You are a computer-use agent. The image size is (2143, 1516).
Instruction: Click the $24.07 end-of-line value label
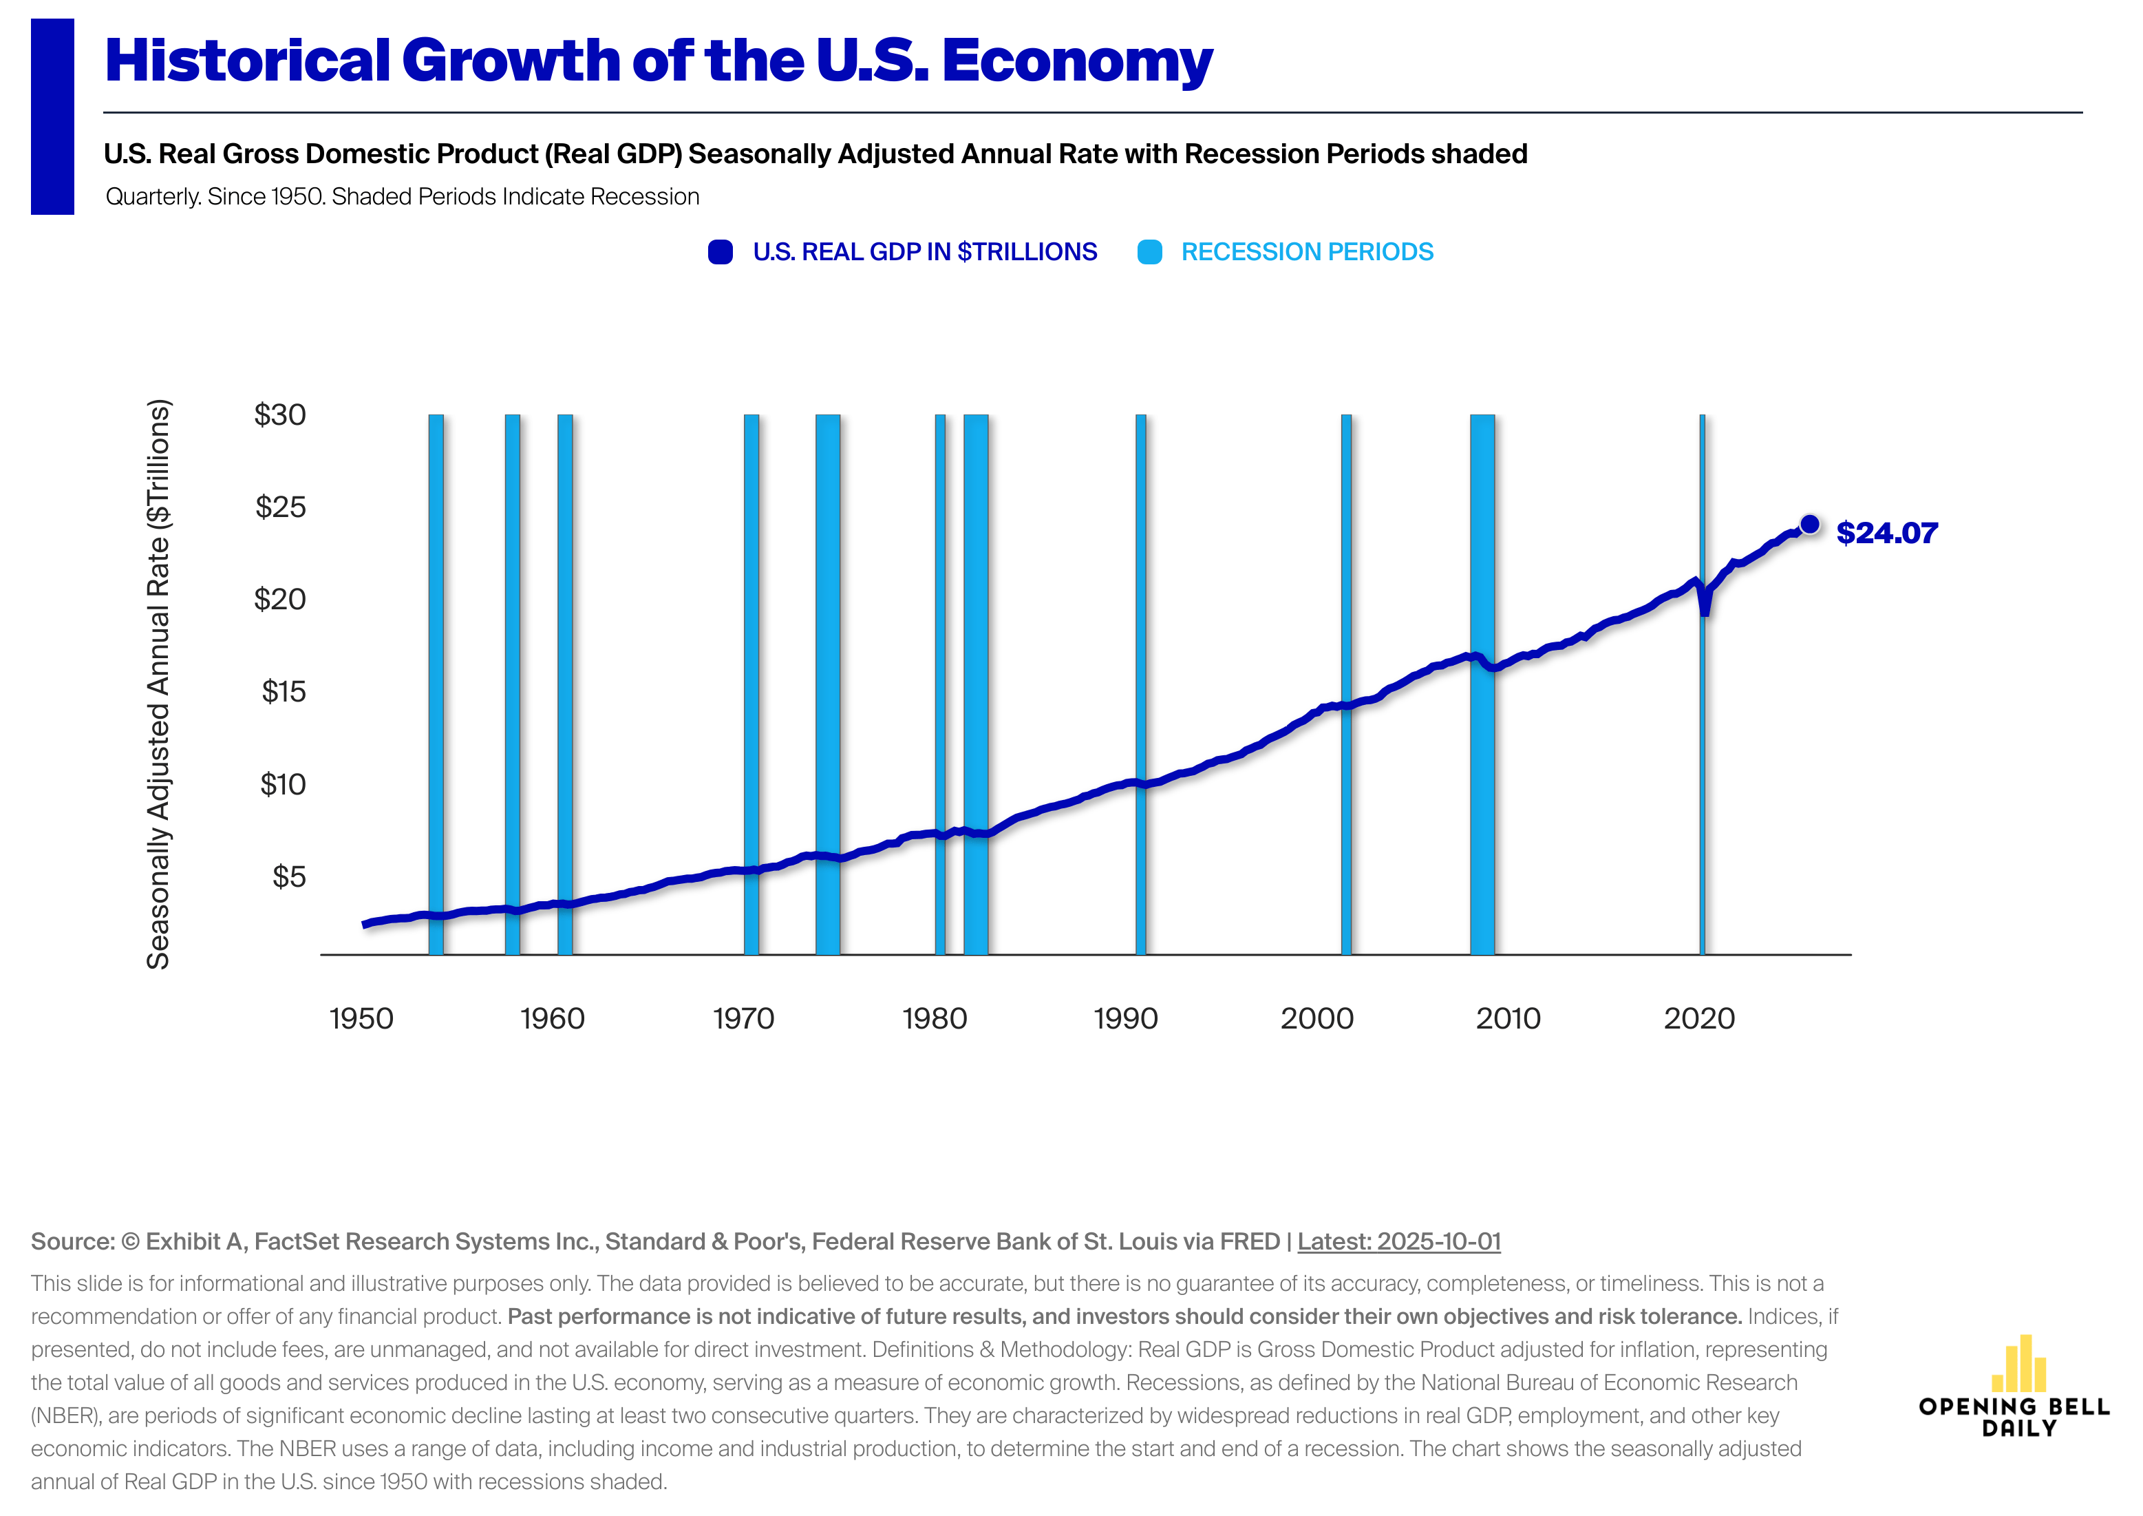click(x=1886, y=533)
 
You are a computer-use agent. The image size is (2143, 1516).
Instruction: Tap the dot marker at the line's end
click(x=1809, y=524)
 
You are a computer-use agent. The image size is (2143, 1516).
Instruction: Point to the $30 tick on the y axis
click(x=280, y=414)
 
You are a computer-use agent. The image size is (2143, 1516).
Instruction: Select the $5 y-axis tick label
click(x=288, y=876)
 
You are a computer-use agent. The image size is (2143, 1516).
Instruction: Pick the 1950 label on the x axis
click(x=361, y=1018)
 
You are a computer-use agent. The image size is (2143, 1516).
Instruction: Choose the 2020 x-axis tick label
click(x=1698, y=1018)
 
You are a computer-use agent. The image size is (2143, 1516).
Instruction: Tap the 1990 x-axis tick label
click(x=1126, y=1018)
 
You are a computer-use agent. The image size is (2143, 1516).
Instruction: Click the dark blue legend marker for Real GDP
click(x=720, y=252)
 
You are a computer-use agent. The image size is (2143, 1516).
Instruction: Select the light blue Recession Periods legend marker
click(x=1150, y=252)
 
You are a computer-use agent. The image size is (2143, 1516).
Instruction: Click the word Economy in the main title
click(x=1077, y=61)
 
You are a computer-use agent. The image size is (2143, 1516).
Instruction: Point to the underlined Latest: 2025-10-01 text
click(x=1398, y=1241)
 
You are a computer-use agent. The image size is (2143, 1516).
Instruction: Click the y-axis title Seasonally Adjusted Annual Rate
click(x=159, y=684)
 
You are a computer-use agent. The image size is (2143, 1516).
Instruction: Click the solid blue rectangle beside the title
click(x=52, y=116)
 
